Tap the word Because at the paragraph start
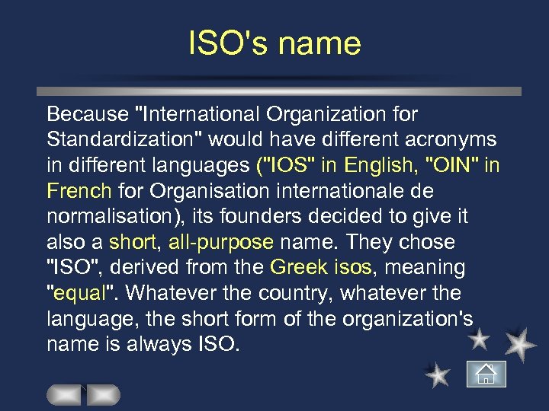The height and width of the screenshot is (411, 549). (86, 114)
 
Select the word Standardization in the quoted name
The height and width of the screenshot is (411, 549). (124, 140)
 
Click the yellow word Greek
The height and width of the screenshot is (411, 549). (299, 268)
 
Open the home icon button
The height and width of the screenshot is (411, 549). (486, 374)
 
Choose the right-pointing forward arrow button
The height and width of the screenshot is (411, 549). (103, 395)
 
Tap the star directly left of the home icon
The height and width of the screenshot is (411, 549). (437, 374)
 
